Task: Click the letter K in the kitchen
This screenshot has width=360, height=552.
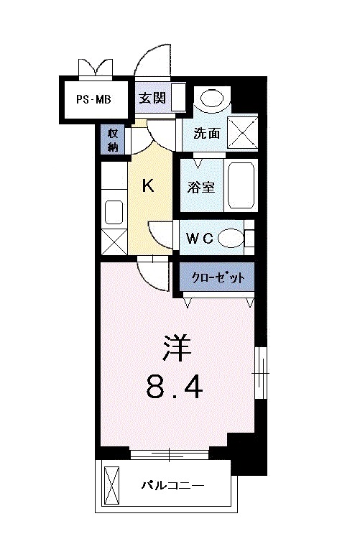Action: [x=148, y=186]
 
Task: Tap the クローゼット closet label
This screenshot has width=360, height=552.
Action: [x=216, y=277]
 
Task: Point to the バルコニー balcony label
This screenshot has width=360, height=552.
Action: [x=172, y=485]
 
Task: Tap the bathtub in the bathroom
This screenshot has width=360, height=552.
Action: [x=239, y=185]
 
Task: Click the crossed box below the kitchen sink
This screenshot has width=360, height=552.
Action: [x=114, y=241]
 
